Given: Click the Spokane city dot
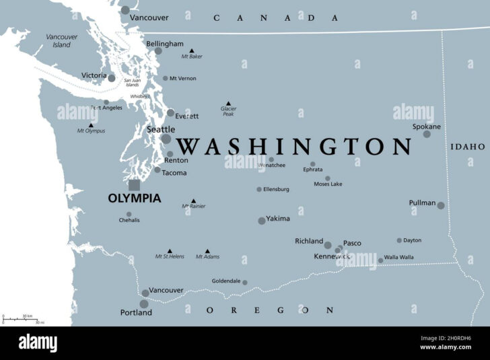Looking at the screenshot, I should [427, 134].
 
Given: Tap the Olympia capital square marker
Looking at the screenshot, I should [135, 184].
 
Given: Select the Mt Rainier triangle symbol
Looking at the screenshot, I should [194, 201].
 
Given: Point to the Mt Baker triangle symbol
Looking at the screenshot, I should [191, 50].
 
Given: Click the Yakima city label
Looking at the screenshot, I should [278, 219].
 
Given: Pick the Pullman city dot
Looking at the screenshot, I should [441, 205].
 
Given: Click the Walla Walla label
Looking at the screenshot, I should [399, 258].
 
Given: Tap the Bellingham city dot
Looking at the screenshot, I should [158, 50].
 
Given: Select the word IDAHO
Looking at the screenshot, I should [468, 146].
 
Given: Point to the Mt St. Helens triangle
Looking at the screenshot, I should [169, 250].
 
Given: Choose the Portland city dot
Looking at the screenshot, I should [144, 304].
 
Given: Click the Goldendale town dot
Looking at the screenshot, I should [245, 283].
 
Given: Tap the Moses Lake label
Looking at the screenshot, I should [328, 184].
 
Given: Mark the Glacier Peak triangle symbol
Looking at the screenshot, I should [228, 104].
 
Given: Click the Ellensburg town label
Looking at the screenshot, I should [276, 189].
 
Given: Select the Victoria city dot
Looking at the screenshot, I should [112, 78].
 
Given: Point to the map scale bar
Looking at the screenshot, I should [20, 319].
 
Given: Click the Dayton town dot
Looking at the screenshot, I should [399, 240].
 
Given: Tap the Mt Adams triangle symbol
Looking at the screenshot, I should [207, 250].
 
